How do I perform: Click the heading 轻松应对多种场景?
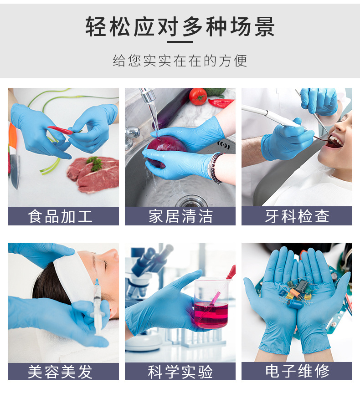180,26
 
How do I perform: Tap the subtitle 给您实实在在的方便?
180,61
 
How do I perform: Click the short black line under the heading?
180,42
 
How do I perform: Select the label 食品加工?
63,216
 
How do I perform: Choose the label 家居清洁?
180,216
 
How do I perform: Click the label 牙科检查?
297,216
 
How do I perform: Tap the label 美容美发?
63,372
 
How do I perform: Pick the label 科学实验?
180,372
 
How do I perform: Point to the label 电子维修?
297,372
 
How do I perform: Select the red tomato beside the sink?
198,96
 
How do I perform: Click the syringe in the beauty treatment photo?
97,305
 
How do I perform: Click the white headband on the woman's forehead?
75,273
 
